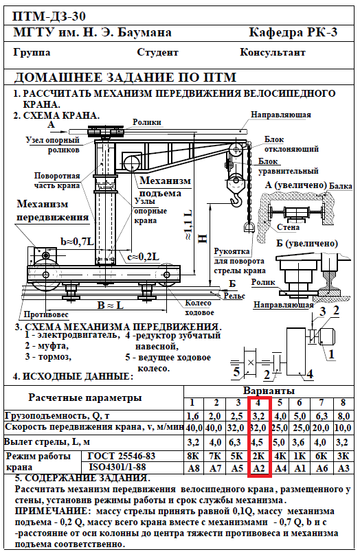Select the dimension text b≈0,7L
(x=78, y=242)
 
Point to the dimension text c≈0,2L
(x=143, y=257)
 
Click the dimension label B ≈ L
(x=111, y=305)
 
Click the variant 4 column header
(x=258, y=402)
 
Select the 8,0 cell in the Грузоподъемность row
(x=343, y=416)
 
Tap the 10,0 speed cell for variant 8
(x=343, y=428)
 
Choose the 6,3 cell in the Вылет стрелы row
(x=236, y=442)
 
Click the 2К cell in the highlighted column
(x=259, y=456)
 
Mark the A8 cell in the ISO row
(x=194, y=468)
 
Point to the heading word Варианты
(x=269, y=391)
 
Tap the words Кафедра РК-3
(x=293, y=33)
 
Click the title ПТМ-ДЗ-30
(x=49, y=16)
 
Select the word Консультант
(x=272, y=52)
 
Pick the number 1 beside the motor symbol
(x=331, y=354)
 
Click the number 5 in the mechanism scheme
(x=236, y=371)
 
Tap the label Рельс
(x=234, y=296)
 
